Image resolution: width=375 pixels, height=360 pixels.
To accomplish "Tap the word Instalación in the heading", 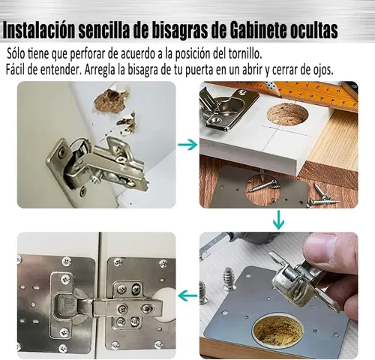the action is point(39,31).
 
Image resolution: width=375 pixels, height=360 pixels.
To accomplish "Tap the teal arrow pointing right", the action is point(187,145).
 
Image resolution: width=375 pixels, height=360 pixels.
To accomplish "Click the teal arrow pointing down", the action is point(278,220).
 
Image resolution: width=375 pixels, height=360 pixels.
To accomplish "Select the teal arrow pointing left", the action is point(187,295).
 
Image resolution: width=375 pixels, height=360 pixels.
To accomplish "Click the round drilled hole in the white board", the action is point(287,114).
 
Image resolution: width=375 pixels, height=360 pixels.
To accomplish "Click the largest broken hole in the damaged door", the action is point(111,100).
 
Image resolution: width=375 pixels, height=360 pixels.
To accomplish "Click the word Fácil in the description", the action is point(15,70).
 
